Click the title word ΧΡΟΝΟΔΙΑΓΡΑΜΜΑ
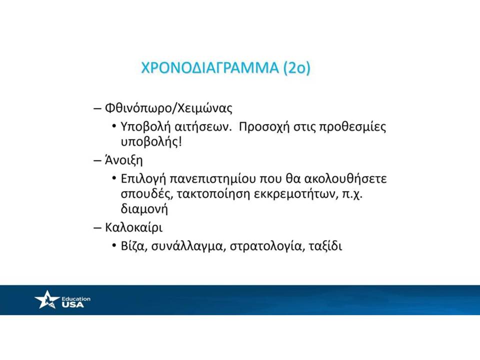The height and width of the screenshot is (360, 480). tap(209, 67)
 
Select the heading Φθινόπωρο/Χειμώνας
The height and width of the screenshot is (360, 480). tap(168, 108)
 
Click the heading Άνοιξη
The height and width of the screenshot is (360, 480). tap(123, 160)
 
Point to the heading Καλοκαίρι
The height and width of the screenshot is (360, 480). tap(134, 227)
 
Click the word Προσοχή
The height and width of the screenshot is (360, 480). tap(264, 126)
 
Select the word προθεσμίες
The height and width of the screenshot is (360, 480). tap(352, 126)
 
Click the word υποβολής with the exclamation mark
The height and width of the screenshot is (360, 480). tap(151, 142)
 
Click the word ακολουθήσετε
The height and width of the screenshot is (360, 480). tap(345, 178)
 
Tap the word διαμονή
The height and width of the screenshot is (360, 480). tap(144, 209)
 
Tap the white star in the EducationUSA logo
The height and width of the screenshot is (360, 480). tap(47, 299)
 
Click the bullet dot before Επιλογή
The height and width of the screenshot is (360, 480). tap(114, 178)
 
